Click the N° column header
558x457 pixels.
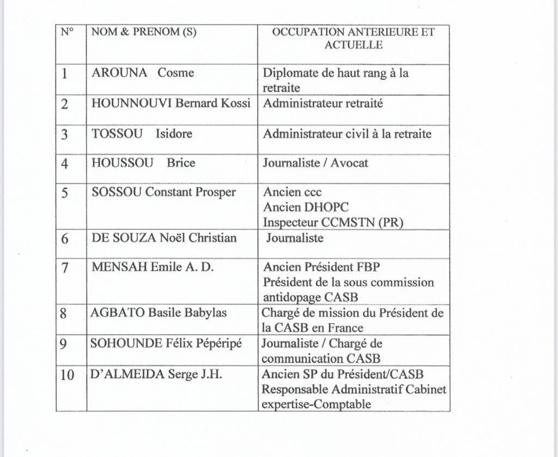point(66,32)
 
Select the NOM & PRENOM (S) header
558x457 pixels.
point(144,32)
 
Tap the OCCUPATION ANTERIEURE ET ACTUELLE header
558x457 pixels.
point(353,38)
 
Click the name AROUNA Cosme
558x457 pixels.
point(143,73)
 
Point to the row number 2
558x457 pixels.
point(65,104)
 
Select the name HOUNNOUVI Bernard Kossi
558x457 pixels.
point(171,103)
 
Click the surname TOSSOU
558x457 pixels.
point(111,133)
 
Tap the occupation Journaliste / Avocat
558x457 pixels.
point(316,163)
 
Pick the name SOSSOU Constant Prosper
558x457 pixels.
point(163,192)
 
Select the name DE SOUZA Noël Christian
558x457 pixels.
point(164,238)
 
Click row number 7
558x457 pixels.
point(65,268)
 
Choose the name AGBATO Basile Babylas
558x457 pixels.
point(159,313)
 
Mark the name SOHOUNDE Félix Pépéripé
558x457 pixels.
point(166,344)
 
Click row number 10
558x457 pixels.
point(67,375)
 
